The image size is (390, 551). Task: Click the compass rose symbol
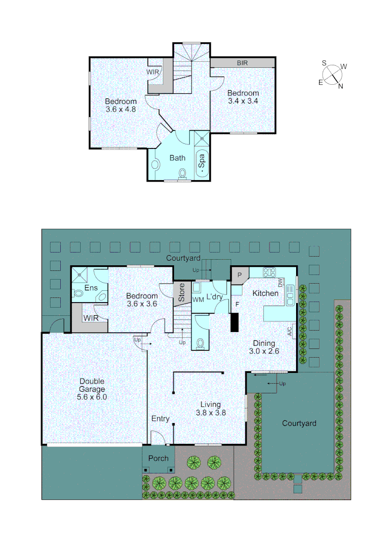coord(334,74)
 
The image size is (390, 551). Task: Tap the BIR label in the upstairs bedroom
coord(242,63)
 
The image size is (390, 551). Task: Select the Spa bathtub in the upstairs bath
coord(202,162)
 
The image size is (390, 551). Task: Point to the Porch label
coord(158,458)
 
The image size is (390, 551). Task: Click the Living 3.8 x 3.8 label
coord(211,409)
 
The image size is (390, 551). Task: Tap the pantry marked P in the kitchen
coord(239,275)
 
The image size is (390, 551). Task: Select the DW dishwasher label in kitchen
coord(280,283)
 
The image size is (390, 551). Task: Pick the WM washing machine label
coord(198,299)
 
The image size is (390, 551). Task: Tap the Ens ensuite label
coord(91,288)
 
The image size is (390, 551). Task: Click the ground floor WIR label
coord(91,318)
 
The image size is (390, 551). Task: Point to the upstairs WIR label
coord(153,72)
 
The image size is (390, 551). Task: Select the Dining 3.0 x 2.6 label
coord(262,347)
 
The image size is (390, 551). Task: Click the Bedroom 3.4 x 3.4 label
coord(243,97)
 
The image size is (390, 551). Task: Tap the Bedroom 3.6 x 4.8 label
coord(121,105)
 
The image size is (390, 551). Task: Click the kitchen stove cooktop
coord(269,272)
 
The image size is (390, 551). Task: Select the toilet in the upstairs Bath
coord(182,174)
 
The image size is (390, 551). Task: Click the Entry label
coord(160,419)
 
